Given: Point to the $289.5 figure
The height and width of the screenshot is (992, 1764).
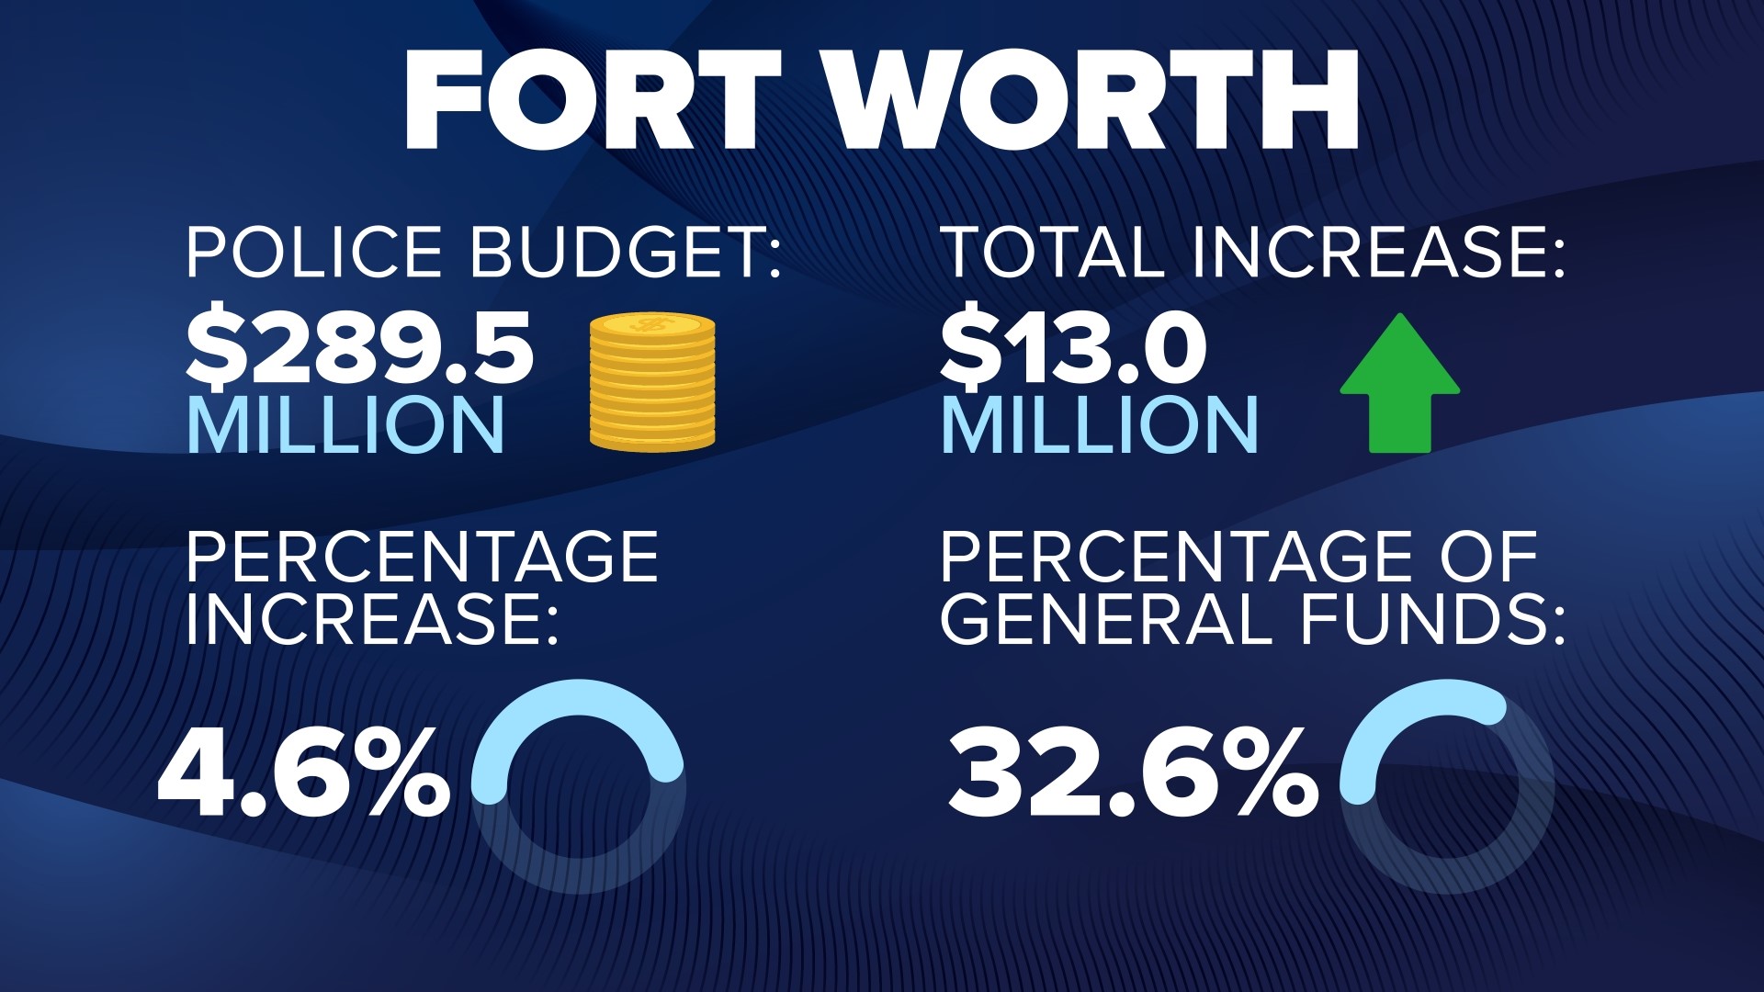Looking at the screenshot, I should click(360, 349).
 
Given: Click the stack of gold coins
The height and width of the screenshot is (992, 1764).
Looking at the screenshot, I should click(652, 382).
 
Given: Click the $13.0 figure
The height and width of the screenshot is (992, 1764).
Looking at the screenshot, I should click(1073, 349).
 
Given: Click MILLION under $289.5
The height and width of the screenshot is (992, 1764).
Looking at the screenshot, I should click(346, 425).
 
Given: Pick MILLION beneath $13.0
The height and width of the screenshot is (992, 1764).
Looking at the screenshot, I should click(1100, 425).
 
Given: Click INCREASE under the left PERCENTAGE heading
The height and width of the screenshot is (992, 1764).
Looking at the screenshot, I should click(372, 619).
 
